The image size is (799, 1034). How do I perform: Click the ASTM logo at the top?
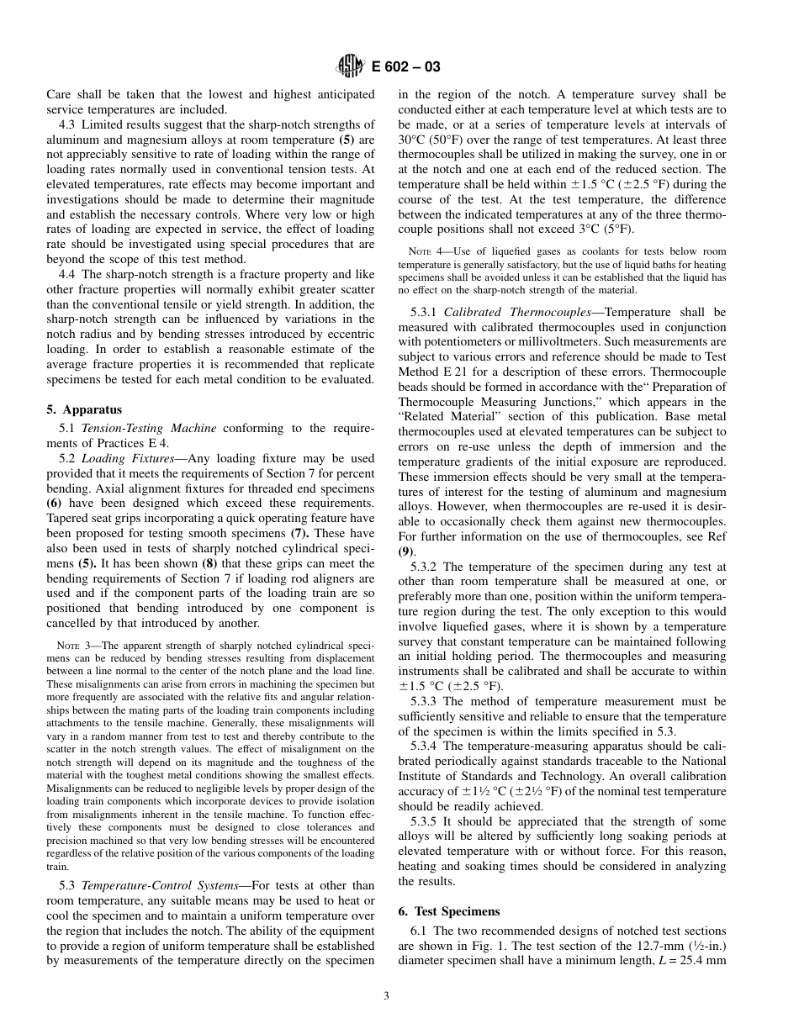pyautogui.click(x=349, y=66)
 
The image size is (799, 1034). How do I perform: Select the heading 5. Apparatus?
pyautogui.click(x=83, y=409)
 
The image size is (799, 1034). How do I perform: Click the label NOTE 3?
pyautogui.click(x=71, y=646)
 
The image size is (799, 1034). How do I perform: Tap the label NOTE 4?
pyautogui.click(x=423, y=251)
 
